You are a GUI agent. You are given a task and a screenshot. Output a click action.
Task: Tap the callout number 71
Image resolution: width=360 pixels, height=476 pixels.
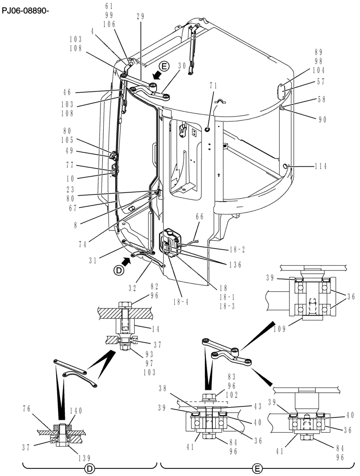[213, 86]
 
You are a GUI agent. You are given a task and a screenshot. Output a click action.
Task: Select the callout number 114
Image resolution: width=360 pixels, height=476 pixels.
[322, 167]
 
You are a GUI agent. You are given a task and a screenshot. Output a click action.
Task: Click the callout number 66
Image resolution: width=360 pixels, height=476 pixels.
[200, 217]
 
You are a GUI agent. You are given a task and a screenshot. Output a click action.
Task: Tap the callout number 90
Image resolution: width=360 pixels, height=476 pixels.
[322, 120]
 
